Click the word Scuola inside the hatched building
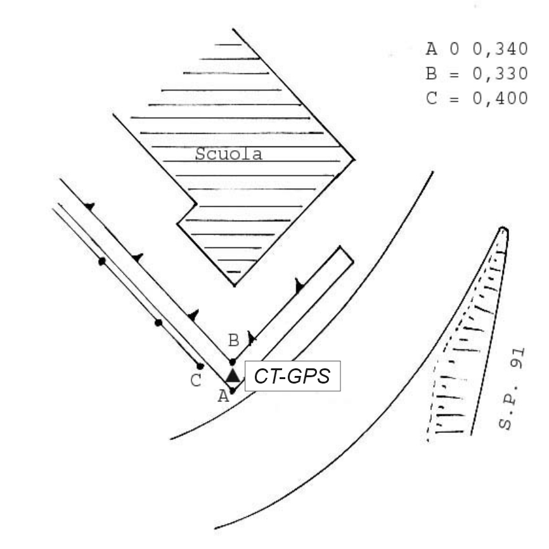[x=229, y=154]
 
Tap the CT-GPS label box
[x=292, y=376]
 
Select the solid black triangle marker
[x=233, y=375]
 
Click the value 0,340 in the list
[x=500, y=49]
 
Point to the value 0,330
[x=500, y=74]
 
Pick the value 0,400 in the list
[x=500, y=98]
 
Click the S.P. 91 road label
[x=512, y=389]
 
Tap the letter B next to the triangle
[x=233, y=340]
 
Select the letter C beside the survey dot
[x=196, y=380]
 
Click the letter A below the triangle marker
[x=223, y=396]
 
